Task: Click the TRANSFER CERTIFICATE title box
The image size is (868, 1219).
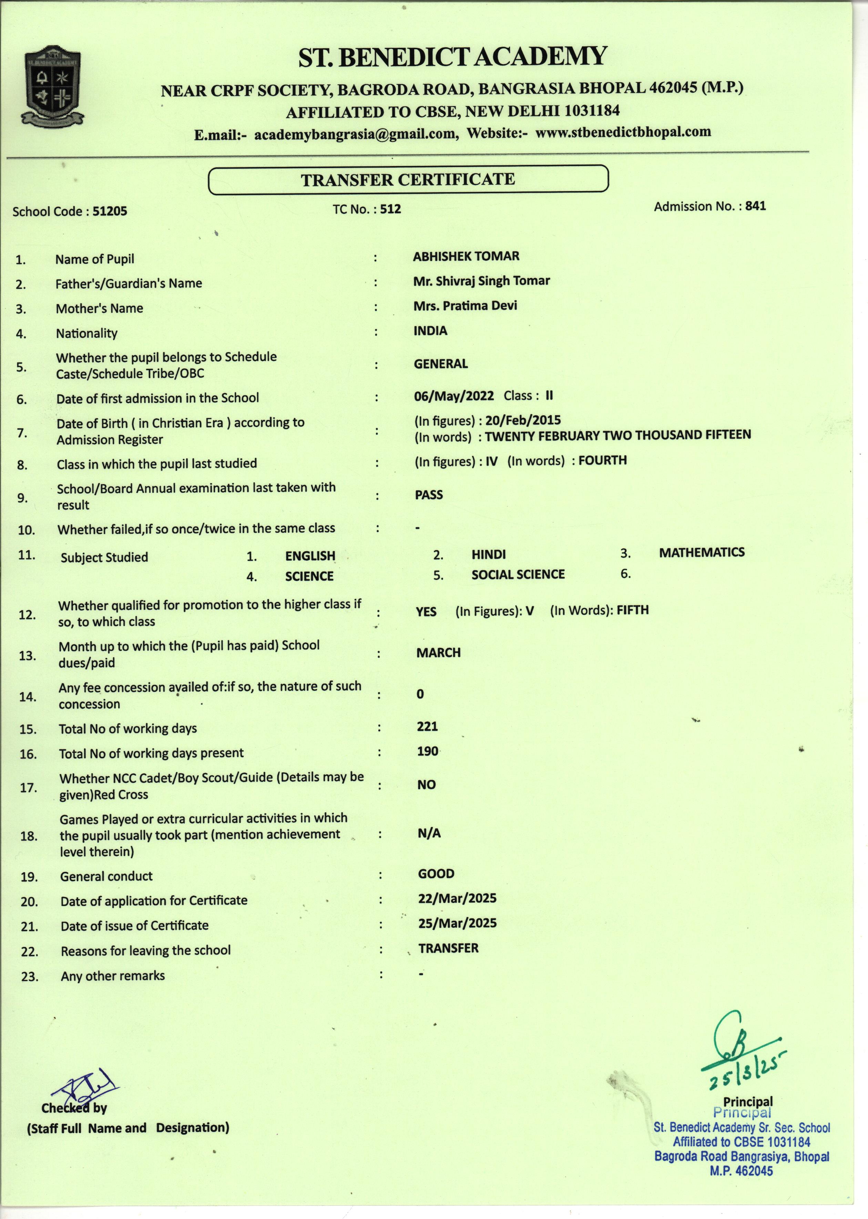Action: pyautogui.click(x=407, y=179)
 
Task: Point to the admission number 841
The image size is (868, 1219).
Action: pyautogui.click(x=755, y=206)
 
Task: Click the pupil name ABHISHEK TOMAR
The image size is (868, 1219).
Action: pyautogui.click(x=466, y=257)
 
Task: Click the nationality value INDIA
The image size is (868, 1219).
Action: pyautogui.click(x=430, y=331)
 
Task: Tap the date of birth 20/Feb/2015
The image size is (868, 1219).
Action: pyautogui.click(x=523, y=420)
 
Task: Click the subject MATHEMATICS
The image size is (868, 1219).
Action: pyautogui.click(x=701, y=552)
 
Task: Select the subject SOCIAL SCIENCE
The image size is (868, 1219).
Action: pyautogui.click(x=517, y=574)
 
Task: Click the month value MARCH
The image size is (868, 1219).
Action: pyautogui.click(x=438, y=653)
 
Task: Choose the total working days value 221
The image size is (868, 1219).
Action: pyautogui.click(x=427, y=727)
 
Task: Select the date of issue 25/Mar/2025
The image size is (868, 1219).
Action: pyautogui.click(x=457, y=924)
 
